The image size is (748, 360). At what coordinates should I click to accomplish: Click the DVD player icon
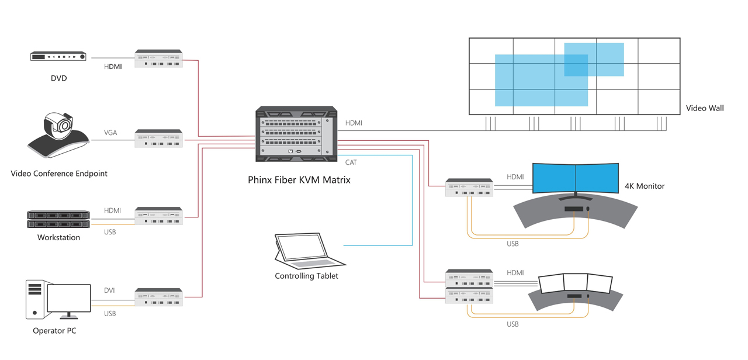[x=58, y=57]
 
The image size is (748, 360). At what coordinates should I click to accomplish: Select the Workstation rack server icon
[x=58, y=220]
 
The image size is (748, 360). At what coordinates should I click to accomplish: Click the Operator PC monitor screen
[x=69, y=299]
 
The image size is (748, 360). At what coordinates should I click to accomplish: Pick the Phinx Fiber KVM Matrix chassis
[x=296, y=134]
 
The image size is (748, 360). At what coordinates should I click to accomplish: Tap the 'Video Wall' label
[x=704, y=108]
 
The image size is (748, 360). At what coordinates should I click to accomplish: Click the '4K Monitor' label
[x=645, y=186]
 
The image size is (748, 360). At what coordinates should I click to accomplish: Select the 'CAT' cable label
[x=351, y=162]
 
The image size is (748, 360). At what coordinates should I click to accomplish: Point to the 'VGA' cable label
[x=110, y=133]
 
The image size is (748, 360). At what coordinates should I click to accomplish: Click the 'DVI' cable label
[x=109, y=290]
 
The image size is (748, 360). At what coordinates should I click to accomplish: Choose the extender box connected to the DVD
[x=158, y=59]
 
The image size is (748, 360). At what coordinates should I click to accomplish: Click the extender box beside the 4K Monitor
[x=469, y=188]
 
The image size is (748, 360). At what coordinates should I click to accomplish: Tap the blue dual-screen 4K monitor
[x=576, y=178]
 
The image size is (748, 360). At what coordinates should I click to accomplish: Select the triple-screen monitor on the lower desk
[x=575, y=283]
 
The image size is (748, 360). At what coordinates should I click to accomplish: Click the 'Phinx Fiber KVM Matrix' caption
[x=299, y=180]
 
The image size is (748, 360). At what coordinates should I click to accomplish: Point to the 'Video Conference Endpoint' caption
[x=59, y=174]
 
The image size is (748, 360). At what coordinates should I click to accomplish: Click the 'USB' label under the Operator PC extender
[x=110, y=314]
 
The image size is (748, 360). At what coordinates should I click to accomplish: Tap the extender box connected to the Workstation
[x=158, y=216]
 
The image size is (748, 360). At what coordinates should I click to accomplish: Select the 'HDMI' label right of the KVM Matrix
[x=354, y=123]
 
